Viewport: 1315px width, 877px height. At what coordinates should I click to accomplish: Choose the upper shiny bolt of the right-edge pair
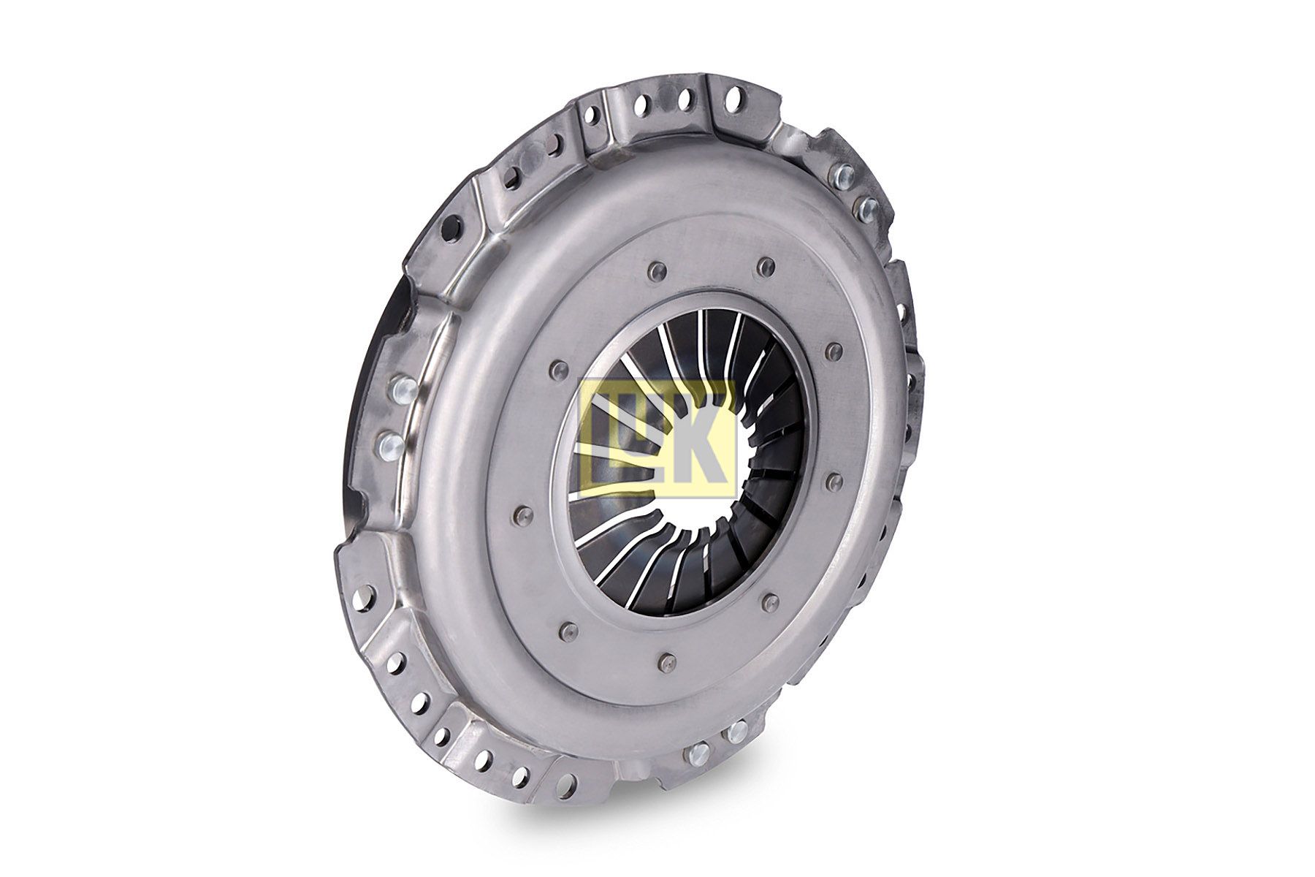click(x=844, y=175)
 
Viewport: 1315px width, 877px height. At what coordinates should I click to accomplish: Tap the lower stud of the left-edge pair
click(x=389, y=441)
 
